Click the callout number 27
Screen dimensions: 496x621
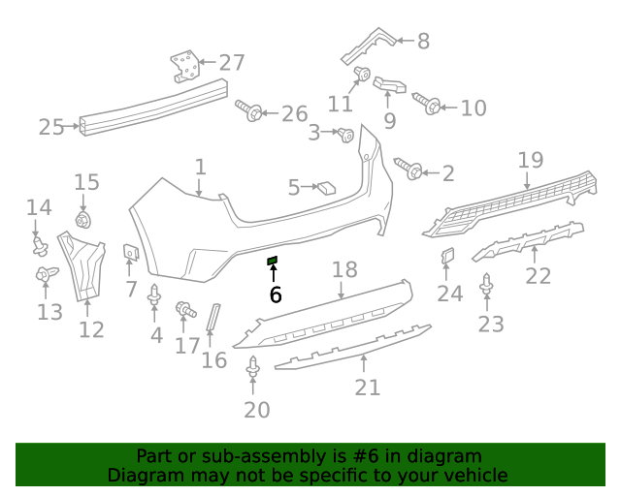[x=232, y=63]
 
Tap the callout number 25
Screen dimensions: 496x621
[x=51, y=126]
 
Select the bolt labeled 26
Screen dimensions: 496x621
[x=251, y=112]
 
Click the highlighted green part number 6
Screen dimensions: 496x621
[x=273, y=261]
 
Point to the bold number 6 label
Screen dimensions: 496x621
[x=276, y=294]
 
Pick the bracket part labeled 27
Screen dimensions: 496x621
[x=185, y=68]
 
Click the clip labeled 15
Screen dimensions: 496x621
[x=83, y=220]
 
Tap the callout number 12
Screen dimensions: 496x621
[x=91, y=329]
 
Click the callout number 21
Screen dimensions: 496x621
[x=368, y=387]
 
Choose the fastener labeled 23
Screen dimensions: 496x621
[x=487, y=285]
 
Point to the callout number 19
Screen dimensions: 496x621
[x=530, y=160]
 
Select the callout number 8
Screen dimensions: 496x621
[x=423, y=41]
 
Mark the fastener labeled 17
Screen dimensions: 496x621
[x=182, y=310]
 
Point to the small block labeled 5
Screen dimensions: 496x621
[x=326, y=187]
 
